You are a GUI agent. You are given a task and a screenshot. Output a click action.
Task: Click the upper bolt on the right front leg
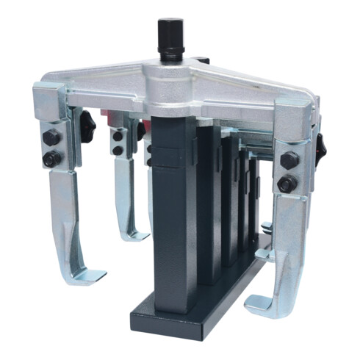[x=289, y=159]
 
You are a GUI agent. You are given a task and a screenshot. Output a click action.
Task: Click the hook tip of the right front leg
[x=257, y=301]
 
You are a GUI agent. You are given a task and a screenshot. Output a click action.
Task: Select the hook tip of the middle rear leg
[x=135, y=237]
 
